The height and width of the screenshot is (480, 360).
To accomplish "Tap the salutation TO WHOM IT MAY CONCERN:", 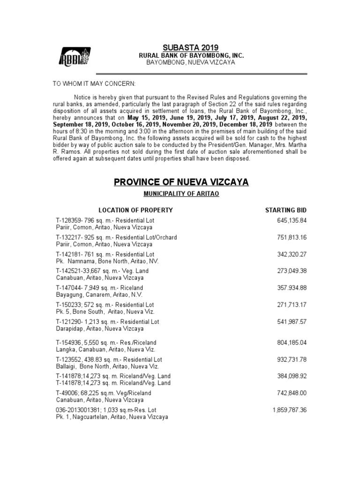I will pos(93,83).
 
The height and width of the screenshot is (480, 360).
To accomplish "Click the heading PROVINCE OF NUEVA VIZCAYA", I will pos(181,181).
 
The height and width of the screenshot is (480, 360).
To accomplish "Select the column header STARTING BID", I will pos(286,210).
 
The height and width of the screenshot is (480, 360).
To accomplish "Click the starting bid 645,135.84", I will pos(292,220).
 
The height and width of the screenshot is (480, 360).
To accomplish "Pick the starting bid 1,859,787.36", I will pos(289,410).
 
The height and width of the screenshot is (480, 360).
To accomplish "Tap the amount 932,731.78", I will pos(292,359).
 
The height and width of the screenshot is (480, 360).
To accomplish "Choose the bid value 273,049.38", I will pos(292,271).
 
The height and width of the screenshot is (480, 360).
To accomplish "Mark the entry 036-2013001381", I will pos(76,410).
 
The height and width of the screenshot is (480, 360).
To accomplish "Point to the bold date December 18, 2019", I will pos(240,125).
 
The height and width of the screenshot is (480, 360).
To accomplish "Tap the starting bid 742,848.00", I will pos(292,393).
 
